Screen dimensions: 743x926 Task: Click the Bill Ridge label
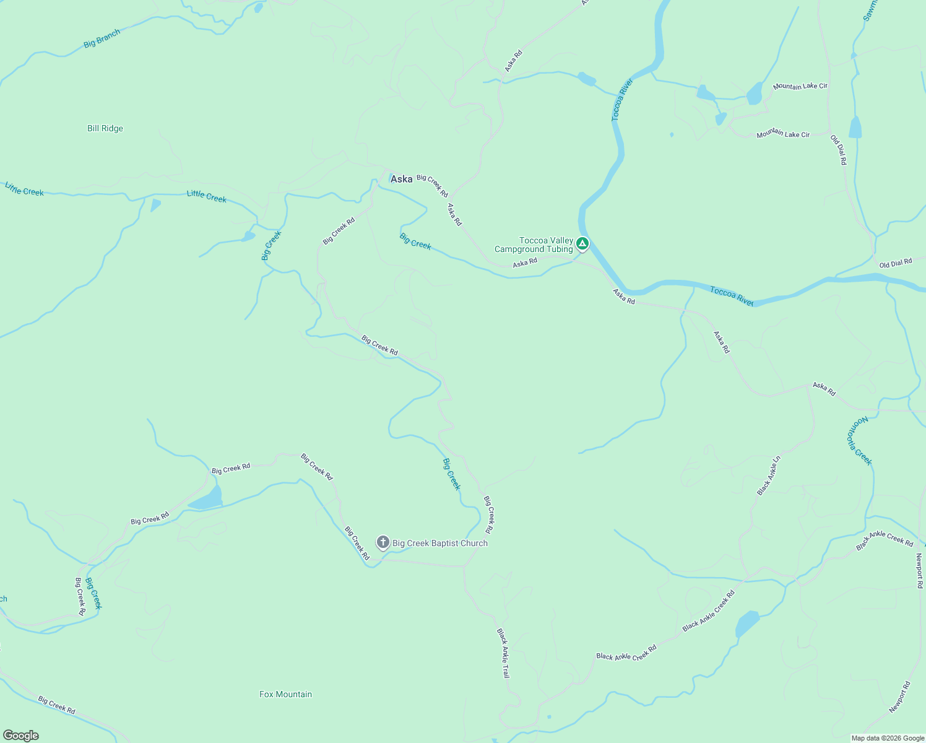tap(105, 129)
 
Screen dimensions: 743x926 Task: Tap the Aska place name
tap(402, 179)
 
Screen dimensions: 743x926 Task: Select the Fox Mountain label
tap(285, 694)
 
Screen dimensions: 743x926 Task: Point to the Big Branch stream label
tap(102, 38)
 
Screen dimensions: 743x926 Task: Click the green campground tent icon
tap(582, 243)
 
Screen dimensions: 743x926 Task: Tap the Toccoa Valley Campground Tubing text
tap(534, 245)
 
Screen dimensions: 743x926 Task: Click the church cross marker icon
tap(383, 543)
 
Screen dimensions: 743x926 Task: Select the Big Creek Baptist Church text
tap(440, 543)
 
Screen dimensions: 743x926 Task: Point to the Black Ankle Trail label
tap(503, 653)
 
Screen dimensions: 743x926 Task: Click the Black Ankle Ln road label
tap(769, 475)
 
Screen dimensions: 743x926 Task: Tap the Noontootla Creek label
tap(859, 440)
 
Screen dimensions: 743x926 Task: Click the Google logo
tap(21, 736)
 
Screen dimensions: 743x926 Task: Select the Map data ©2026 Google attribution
tap(888, 738)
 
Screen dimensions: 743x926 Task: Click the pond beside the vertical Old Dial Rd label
tap(855, 128)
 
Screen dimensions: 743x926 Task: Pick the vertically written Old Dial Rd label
tap(839, 150)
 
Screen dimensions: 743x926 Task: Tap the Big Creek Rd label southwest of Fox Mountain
tap(56, 705)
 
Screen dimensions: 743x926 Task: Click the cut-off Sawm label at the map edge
tap(871, 11)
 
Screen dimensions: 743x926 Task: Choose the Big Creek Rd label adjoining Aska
tap(432, 186)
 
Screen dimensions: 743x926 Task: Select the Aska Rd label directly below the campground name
tap(525, 263)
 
